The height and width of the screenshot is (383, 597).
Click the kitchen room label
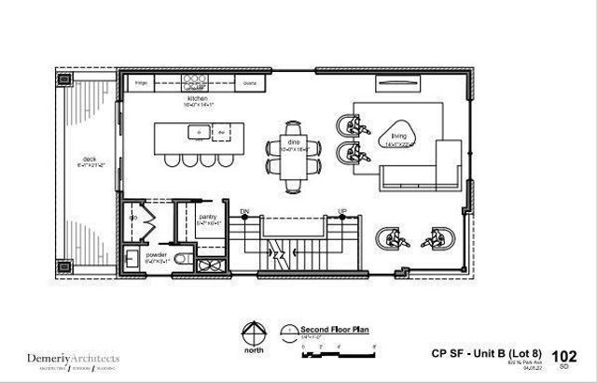(x=199, y=98)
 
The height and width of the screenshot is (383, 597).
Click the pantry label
(x=208, y=217)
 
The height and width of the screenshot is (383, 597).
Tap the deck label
(x=90, y=160)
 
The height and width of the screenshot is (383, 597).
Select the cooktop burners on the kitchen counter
(x=196, y=81)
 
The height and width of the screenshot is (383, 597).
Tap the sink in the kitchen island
(x=201, y=134)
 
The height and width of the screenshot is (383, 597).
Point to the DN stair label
(x=245, y=212)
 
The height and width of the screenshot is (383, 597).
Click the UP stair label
(x=342, y=213)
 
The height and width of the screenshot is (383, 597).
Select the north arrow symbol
(x=252, y=332)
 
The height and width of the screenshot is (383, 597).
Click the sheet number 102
(x=563, y=355)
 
